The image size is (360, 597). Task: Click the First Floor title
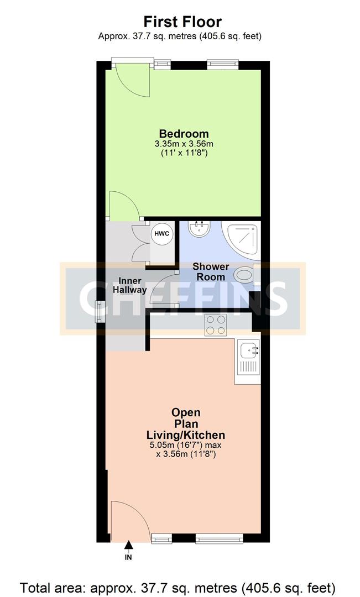pyautogui.click(x=182, y=22)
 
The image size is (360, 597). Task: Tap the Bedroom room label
pyautogui.click(x=184, y=134)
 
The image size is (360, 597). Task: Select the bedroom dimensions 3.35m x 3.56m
pyautogui.click(x=184, y=144)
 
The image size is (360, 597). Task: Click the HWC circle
pyautogui.click(x=162, y=233)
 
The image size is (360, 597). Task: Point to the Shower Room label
pyautogui.click(x=211, y=271)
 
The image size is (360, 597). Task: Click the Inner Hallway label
pyautogui.click(x=130, y=285)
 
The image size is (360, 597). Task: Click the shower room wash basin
pyautogui.click(x=198, y=229)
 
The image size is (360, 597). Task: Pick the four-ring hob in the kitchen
pyautogui.click(x=216, y=325)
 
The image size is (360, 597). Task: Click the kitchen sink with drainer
pyautogui.click(x=248, y=362)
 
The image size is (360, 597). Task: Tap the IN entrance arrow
pyautogui.click(x=129, y=545)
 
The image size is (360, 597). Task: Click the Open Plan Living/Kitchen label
pyautogui.click(x=186, y=423)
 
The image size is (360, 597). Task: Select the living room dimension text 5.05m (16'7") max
pyautogui.click(x=186, y=444)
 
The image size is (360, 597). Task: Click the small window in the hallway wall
pyautogui.click(x=100, y=311)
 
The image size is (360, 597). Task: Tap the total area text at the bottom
pyautogui.click(x=178, y=588)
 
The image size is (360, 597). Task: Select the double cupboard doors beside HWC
pyautogui.click(x=142, y=243)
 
